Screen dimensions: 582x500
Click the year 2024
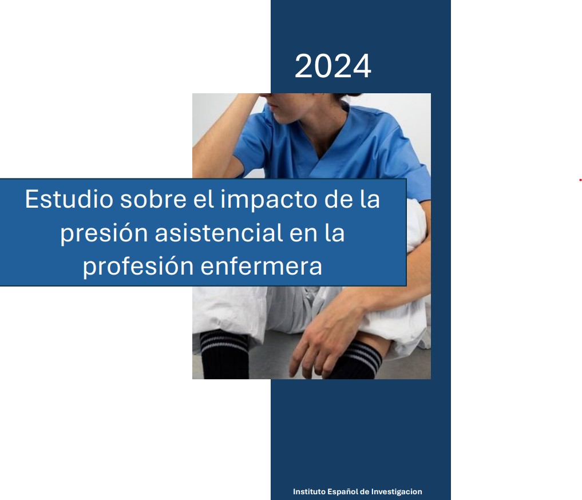coord(333,66)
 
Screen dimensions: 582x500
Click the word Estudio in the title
coord(69,199)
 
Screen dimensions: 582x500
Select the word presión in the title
coord(104,233)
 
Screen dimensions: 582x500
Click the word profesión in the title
coord(138,267)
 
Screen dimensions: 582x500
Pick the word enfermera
coord(262,267)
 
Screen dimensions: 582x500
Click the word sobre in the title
coord(153,199)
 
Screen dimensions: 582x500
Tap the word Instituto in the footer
coord(309,491)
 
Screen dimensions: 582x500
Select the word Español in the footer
coord(343,492)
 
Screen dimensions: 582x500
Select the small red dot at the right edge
coord(580,181)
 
